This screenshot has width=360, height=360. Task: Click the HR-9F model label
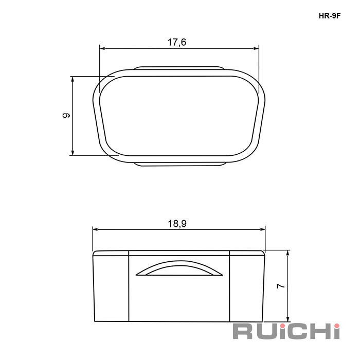[329, 16]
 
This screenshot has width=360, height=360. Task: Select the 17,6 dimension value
[177, 42]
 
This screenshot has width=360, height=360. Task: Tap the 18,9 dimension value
[177, 223]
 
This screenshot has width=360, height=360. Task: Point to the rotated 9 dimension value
[66, 115]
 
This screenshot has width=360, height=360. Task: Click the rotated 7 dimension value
[281, 286]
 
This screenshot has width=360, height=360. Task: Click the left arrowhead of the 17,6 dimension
[102, 48]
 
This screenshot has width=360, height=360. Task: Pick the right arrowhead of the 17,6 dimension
[256, 48]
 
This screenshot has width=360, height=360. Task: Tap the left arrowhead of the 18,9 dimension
[96, 229]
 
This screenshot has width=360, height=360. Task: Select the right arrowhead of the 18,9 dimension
[262, 229]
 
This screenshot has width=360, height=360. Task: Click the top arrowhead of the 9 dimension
[73, 79]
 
